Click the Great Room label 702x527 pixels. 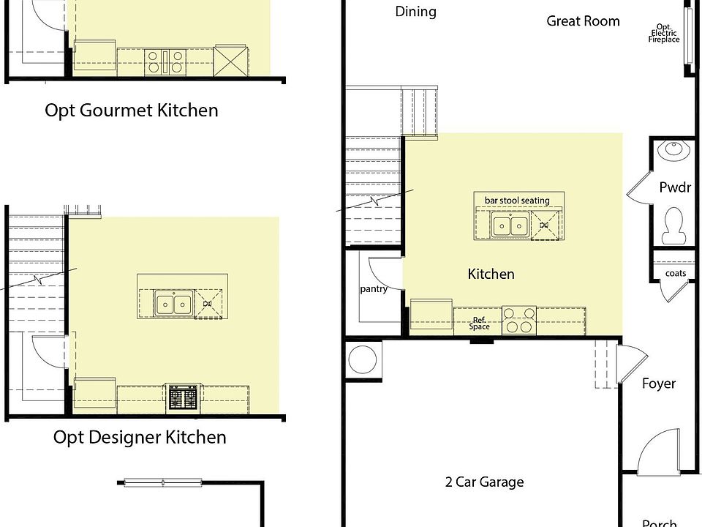(x=583, y=21)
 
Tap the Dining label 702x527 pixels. (x=415, y=12)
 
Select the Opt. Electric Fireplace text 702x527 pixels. (x=664, y=33)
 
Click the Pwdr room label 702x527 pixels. (x=675, y=187)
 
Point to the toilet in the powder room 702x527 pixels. (x=673, y=225)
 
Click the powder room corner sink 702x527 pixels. (x=673, y=149)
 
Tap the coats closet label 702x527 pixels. (x=676, y=273)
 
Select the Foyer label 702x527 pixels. (x=659, y=384)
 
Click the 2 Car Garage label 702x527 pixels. (x=484, y=482)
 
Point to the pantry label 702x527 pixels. (x=374, y=289)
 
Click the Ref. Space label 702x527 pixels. (x=479, y=323)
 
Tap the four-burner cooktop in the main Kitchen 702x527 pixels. (x=519, y=321)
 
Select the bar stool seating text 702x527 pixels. (x=517, y=201)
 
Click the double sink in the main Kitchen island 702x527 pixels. (x=510, y=224)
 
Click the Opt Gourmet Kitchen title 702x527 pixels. (x=131, y=111)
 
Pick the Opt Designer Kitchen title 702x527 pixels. (x=140, y=438)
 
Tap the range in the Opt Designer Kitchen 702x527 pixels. (x=183, y=398)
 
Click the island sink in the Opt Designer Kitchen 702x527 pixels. (x=174, y=303)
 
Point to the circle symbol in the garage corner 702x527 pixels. (x=363, y=360)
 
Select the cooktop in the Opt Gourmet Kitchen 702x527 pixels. (x=165, y=61)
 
